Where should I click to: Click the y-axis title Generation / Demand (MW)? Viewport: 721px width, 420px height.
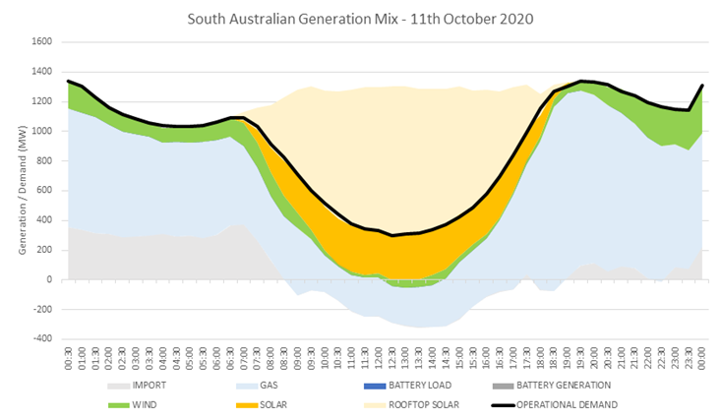tap(21, 191)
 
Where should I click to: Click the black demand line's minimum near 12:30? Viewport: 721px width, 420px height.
tap(392, 235)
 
